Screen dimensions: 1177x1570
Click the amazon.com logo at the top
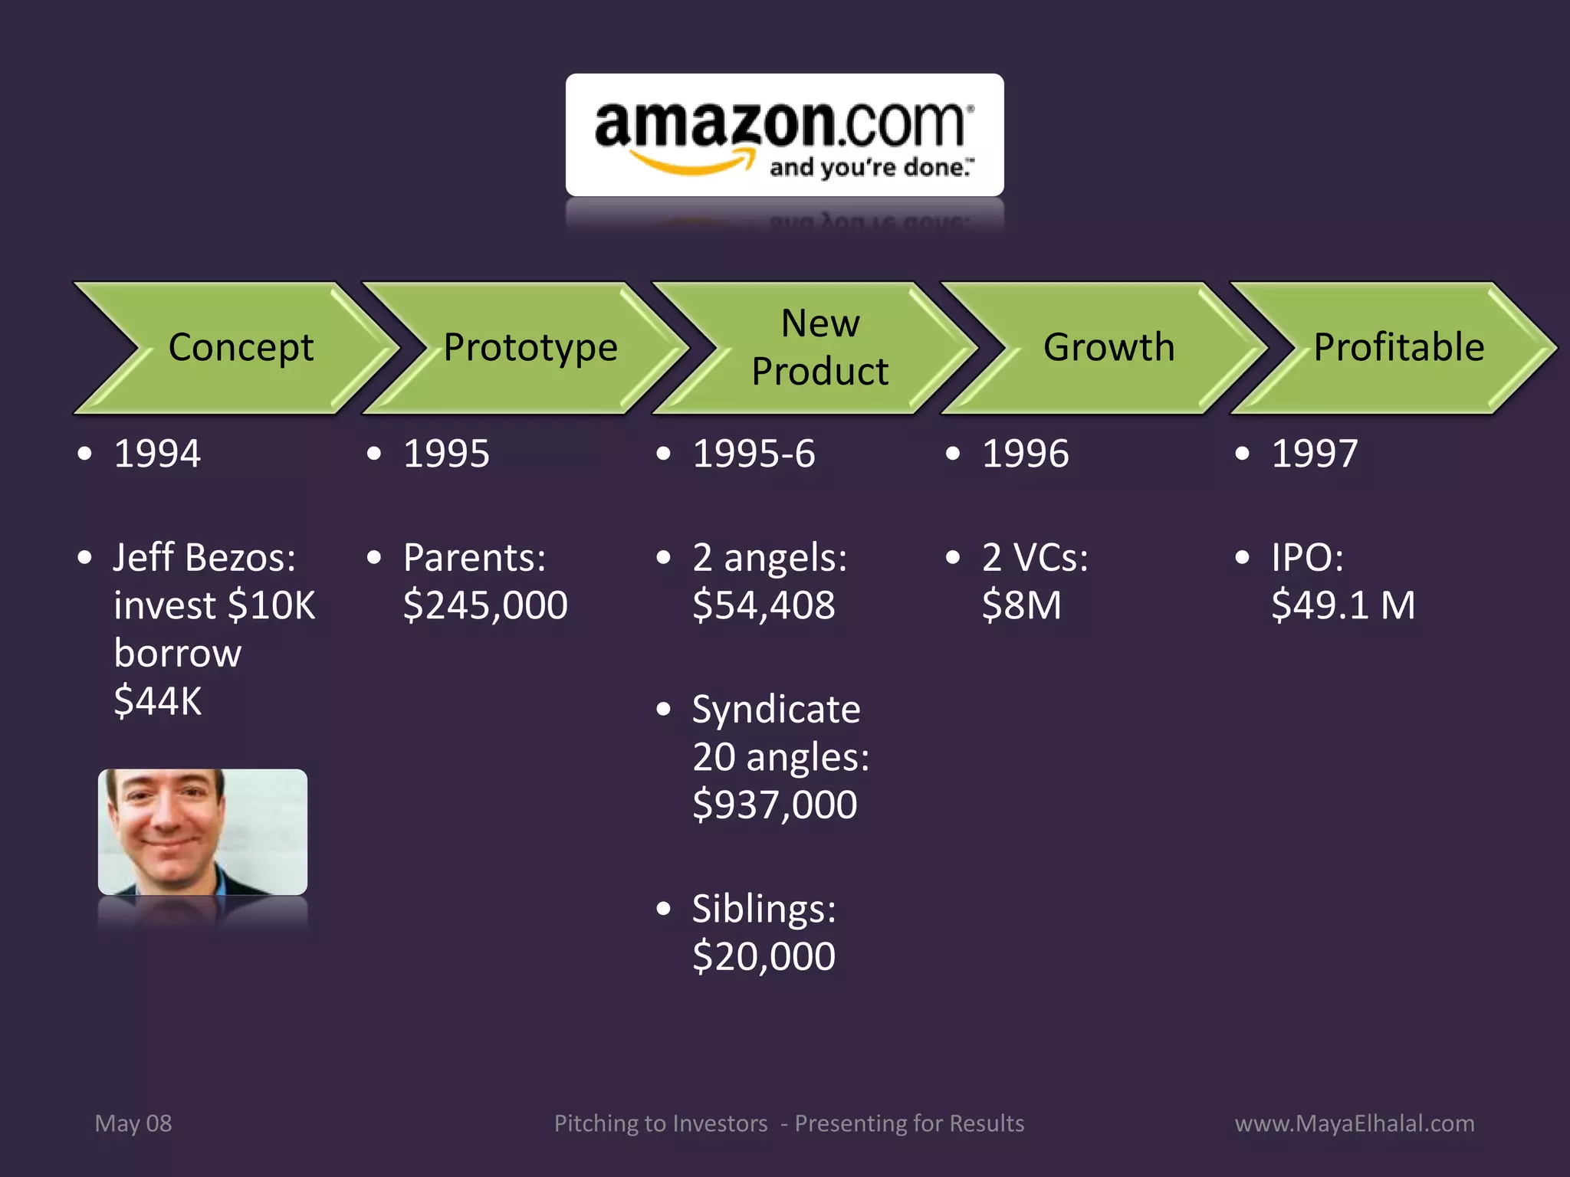click(x=784, y=136)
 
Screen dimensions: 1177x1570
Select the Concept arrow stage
click(x=240, y=348)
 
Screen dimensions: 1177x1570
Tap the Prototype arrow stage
click(x=530, y=348)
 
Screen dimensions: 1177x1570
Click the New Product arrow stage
click(x=819, y=348)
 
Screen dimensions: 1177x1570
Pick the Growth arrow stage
click(x=1109, y=348)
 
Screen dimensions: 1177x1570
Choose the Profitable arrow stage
click(x=1398, y=348)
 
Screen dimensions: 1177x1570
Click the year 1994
click(x=157, y=454)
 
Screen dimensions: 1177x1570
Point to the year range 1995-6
click(x=754, y=454)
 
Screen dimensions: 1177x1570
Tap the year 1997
click(x=1314, y=454)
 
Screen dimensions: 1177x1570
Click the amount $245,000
click(x=485, y=605)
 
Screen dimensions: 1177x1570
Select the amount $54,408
click(x=764, y=605)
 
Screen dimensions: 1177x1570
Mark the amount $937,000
click(x=774, y=805)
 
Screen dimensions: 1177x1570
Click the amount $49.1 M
click(x=1342, y=605)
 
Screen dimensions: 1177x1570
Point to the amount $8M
click(x=1021, y=605)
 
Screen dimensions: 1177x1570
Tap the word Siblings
click(x=764, y=910)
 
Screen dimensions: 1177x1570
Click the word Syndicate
click(x=776, y=710)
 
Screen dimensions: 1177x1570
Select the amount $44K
click(x=157, y=701)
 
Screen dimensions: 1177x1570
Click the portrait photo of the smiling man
click(x=202, y=832)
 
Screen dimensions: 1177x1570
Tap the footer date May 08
click(x=133, y=1123)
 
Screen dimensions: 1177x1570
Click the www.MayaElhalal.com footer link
click(x=1355, y=1123)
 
